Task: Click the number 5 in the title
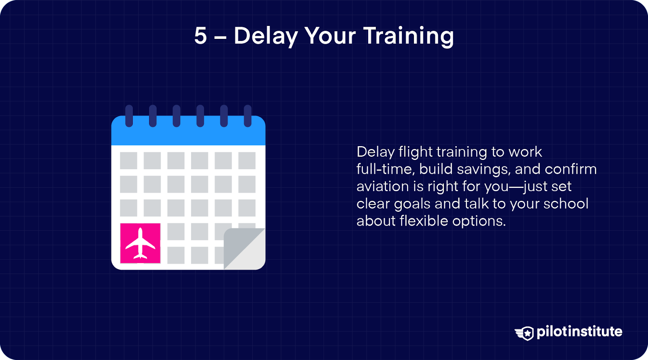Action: (x=200, y=36)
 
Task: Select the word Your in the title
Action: (x=330, y=36)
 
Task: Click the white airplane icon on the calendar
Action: (x=140, y=243)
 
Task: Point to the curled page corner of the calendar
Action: (x=245, y=249)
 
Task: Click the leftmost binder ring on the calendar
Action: (x=129, y=116)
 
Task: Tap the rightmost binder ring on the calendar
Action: (x=247, y=116)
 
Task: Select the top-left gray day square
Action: (x=128, y=160)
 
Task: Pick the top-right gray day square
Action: (x=247, y=160)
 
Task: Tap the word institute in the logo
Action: (x=596, y=331)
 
